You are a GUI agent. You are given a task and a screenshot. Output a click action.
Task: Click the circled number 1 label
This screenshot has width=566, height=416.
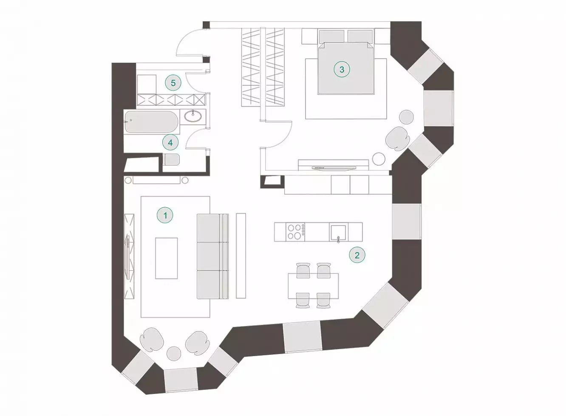coord(165,216)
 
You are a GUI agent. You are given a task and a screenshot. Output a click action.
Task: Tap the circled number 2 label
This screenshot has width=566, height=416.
coord(357,256)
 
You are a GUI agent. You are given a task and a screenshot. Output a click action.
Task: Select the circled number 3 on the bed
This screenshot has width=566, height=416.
coord(342,69)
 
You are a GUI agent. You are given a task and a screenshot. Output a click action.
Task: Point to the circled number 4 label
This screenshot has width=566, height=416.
coord(170,143)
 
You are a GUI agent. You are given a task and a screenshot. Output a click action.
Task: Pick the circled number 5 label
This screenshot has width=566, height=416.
coord(173,83)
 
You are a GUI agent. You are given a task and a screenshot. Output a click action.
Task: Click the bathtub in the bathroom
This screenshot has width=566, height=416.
coord(152,122)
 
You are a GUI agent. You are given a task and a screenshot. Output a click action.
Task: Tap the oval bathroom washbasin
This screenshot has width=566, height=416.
coord(193,116)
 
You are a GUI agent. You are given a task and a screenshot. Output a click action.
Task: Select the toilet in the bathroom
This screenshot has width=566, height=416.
coord(172,160)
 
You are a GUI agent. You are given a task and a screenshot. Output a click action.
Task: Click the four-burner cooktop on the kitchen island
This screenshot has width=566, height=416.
coord(295,232)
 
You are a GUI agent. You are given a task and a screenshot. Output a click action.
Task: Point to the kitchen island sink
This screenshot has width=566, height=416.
coord(338,232)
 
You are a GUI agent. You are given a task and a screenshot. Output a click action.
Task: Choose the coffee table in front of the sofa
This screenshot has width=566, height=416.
coord(166,258)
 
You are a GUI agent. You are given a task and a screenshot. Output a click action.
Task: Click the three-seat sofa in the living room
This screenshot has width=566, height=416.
coord(213,256)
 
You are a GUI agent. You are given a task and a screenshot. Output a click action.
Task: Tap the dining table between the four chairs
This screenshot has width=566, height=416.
coord(313,286)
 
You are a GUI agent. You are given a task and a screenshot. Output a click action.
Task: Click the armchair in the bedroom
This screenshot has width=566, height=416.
coord(397,139)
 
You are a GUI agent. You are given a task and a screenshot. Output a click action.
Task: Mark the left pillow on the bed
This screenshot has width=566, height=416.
coord(331,37)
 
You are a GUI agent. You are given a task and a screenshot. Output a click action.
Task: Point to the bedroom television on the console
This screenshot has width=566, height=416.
coord(334,167)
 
